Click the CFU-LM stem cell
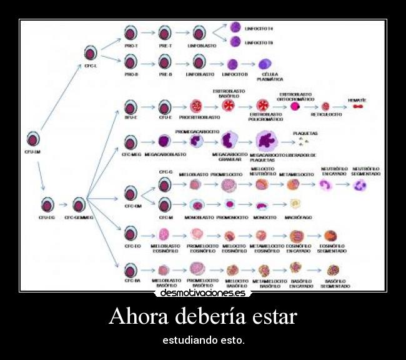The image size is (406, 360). [x=33, y=139]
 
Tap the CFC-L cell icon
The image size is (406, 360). [x=91, y=52]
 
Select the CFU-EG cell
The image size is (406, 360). [x=47, y=204]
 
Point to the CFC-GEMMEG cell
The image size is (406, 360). [x=79, y=204]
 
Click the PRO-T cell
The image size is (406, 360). [x=131, y=32]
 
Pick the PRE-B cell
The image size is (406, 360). [x=164, y=61]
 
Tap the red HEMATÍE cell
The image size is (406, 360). [x=357, y=106]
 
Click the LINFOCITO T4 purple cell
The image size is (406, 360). [x=235, y=27]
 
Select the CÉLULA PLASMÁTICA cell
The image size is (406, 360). [x=265, y=64]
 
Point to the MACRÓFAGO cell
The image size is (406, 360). [x=295, y=204]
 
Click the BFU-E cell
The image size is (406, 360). [x=131, y=106]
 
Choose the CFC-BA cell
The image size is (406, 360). [x=131, y=270]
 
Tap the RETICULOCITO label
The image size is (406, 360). [x=326, y=115]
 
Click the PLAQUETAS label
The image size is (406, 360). [x=305, y=133]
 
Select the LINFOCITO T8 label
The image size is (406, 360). [x=259, y=42]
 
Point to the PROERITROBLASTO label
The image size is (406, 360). [x=199, y=117]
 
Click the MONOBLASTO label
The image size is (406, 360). [x=196, y=217]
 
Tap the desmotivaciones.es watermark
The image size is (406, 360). [x=202, y=292]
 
